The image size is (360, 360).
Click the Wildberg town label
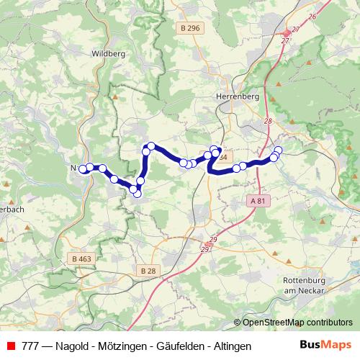coord(109,53)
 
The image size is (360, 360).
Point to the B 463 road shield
coord(81,258)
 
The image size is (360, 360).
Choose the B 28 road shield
coord(147,270)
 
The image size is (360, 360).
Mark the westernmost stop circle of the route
coord(83,169)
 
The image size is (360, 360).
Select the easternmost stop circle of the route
coord(279,150)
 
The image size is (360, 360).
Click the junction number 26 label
coord(312,16)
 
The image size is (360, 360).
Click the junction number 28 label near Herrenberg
coord(269,122)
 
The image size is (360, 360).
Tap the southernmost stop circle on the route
coord(138,194)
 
